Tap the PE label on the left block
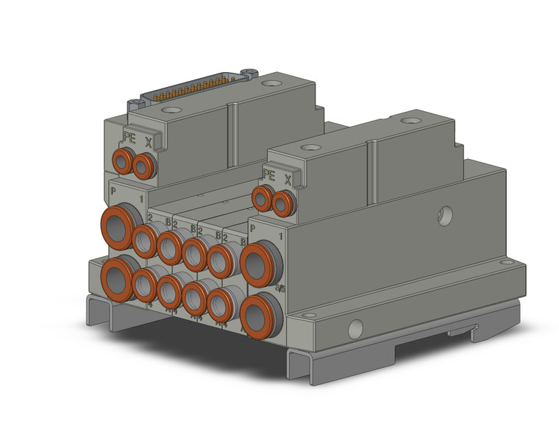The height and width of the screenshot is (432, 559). [129, 138]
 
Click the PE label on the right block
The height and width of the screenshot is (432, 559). [268, 175]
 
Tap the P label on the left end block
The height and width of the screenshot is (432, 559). [113, 191]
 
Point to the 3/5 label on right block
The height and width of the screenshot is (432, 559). [280, 288]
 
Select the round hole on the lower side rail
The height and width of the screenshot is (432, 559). [355, 326]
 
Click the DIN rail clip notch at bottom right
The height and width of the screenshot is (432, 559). [460, 333]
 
